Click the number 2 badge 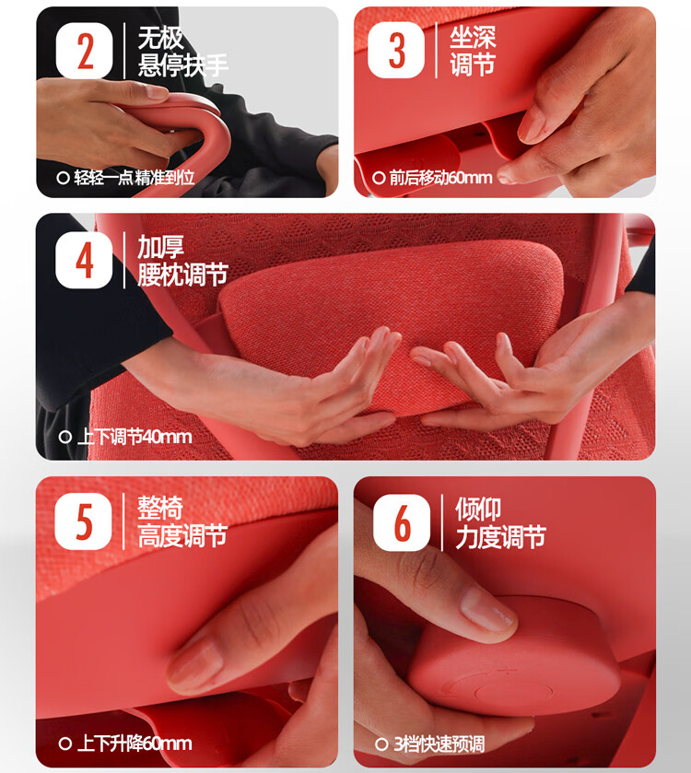click(x=84, y=51)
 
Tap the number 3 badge click(x=396, y=51)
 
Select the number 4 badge click(x=84, y=261)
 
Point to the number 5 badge click(x=83, y=521)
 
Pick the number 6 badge click(x=402, y=523)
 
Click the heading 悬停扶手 click(x=182, y=65)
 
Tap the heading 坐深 click(x=473, y=37)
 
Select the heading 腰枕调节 click(x=182, y=275)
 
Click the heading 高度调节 click(x=182, y=536)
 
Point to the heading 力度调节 click(x=501, y=537)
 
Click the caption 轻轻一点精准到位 click(x=135, y=178)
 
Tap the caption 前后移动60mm click(x=440, y=178)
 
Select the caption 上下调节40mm click(x=135, y=437)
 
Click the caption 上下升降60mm click(x=135, y=744)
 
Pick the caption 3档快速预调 click(x=439, y=744)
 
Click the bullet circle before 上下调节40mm click(x=65, y=438)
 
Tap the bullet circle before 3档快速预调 click(x=381, y=744)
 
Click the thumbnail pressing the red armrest click(x=157, y=92)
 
